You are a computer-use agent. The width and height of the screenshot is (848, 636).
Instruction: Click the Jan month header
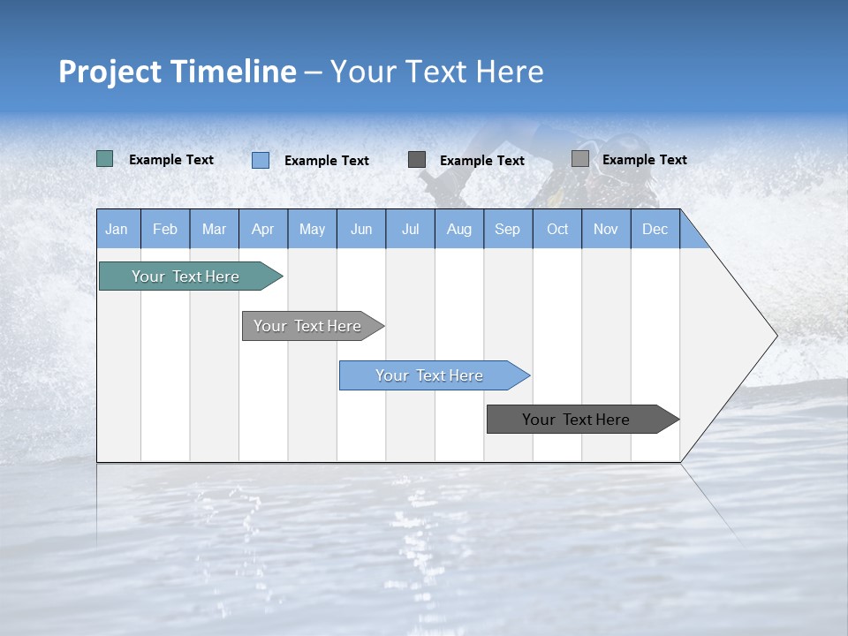tap(117, 230)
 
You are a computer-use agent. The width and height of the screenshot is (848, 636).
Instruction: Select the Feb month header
tap(165, 230)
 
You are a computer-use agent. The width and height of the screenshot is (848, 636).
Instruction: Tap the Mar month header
tap(214, 230)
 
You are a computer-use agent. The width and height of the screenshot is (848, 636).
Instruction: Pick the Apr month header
tap(263, 230)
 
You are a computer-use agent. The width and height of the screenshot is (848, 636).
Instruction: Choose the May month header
tap(312, 230)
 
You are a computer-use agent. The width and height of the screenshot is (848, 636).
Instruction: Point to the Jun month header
tap(361, 230)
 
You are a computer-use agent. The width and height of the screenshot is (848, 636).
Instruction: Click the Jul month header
tap(410, 230)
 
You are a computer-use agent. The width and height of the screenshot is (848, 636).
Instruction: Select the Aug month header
tap(459, 230)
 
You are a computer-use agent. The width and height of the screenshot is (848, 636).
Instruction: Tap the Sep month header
tap(508, 230)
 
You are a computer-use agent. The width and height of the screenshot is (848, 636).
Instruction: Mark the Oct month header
tap(557, 230)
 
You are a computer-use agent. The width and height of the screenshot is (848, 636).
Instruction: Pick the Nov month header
tap(606, 230)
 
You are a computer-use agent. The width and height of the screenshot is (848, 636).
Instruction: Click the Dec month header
tap(655, 230)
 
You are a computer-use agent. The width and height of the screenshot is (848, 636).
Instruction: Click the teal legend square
tap(105, 159)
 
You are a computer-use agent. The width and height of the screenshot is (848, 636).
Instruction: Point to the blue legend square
tap(261, 160)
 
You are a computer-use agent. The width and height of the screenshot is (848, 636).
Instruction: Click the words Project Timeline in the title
tap(178, 72)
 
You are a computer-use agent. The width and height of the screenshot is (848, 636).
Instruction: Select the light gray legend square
tap(580, 159)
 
